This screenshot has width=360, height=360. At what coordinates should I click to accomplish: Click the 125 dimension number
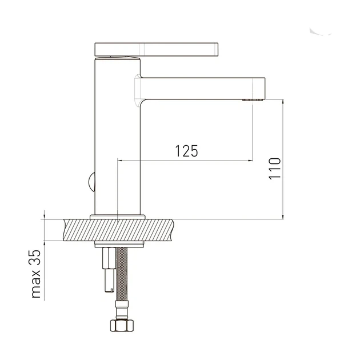tap(186, 151)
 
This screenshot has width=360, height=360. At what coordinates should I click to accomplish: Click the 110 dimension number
tap(275, 169)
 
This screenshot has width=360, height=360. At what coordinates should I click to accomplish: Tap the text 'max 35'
tap(36, 274)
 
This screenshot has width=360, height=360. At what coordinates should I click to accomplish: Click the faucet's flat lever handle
tap(157, 49)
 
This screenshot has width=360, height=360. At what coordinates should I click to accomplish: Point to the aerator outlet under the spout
tap(252, 100)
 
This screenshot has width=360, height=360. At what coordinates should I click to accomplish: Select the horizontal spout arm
tap(203, 89)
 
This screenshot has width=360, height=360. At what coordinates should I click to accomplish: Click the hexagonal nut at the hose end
tap(122, 325)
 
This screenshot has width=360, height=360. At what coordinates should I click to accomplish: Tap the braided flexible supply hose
tap(122, 274)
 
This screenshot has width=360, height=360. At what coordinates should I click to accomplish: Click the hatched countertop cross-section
tap(118, 230)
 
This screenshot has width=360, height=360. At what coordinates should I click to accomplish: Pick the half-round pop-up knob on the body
tap(91, 182)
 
